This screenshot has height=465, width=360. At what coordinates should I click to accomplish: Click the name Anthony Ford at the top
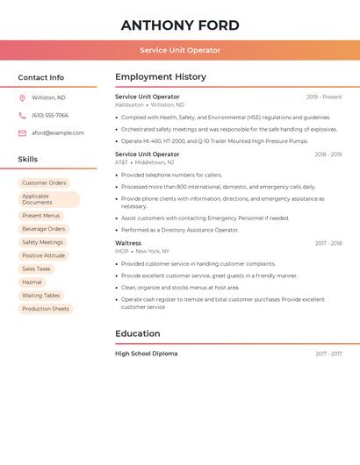(x=180, y=25)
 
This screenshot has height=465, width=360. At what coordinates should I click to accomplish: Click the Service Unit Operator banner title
(x=180, y=50)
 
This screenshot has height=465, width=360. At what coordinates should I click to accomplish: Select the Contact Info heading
(x=41, y=77)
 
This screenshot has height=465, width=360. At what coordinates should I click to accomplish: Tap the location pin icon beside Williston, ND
(x=22, y=97)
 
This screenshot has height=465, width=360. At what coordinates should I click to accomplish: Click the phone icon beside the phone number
(x=22, y=115)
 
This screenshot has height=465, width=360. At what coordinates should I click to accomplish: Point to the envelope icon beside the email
(x=22, y=132)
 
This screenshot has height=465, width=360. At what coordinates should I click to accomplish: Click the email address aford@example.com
(x=58, y=132)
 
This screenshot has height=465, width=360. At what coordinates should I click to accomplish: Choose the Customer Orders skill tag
(x=44, y=183)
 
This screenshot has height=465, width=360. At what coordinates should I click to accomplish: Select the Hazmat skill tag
(x=32, y=283)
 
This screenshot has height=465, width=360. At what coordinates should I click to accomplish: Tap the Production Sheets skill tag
(x=46, y=309)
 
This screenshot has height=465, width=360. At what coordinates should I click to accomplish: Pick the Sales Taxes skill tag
(x=36, y=269)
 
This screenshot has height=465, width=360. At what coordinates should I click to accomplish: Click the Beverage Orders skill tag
(x=44, y=229)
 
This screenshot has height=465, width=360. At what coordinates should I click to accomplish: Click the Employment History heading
(x=160, y=77)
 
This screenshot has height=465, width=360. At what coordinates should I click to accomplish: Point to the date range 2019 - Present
(x=324, y=97)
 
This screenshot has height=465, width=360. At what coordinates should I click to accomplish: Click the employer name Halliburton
(x=129, y=105)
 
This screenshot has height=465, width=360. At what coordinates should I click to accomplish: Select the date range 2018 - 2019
(x=328, y=154)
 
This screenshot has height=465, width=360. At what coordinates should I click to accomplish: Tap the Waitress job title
(x=128, y=243)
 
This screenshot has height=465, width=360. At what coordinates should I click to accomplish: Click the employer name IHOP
(x=122, y=251)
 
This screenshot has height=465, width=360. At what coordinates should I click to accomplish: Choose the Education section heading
(x=138, y=333)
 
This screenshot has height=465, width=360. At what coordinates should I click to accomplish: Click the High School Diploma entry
(x=146, y=354)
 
